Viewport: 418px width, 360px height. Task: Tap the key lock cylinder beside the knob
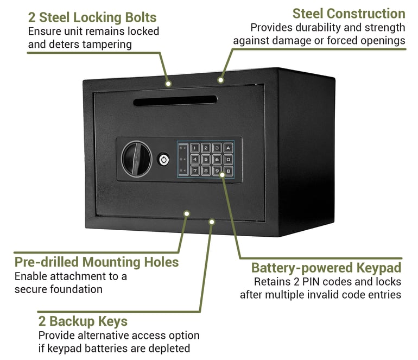(163, 159)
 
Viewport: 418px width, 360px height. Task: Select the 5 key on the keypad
(206, 159)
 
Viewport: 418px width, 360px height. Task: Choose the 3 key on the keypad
(217, 147)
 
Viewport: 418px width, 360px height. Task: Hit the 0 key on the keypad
(229, 159)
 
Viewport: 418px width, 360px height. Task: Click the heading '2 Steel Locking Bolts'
(92, 17)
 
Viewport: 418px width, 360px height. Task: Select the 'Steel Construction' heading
(349, 13)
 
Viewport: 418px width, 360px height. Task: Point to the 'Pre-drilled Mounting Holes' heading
(97, 262)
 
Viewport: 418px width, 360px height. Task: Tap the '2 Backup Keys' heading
(83, 321)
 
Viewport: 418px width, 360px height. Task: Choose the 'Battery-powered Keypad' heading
(326, 268)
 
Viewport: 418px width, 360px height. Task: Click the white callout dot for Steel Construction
(221, 80)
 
